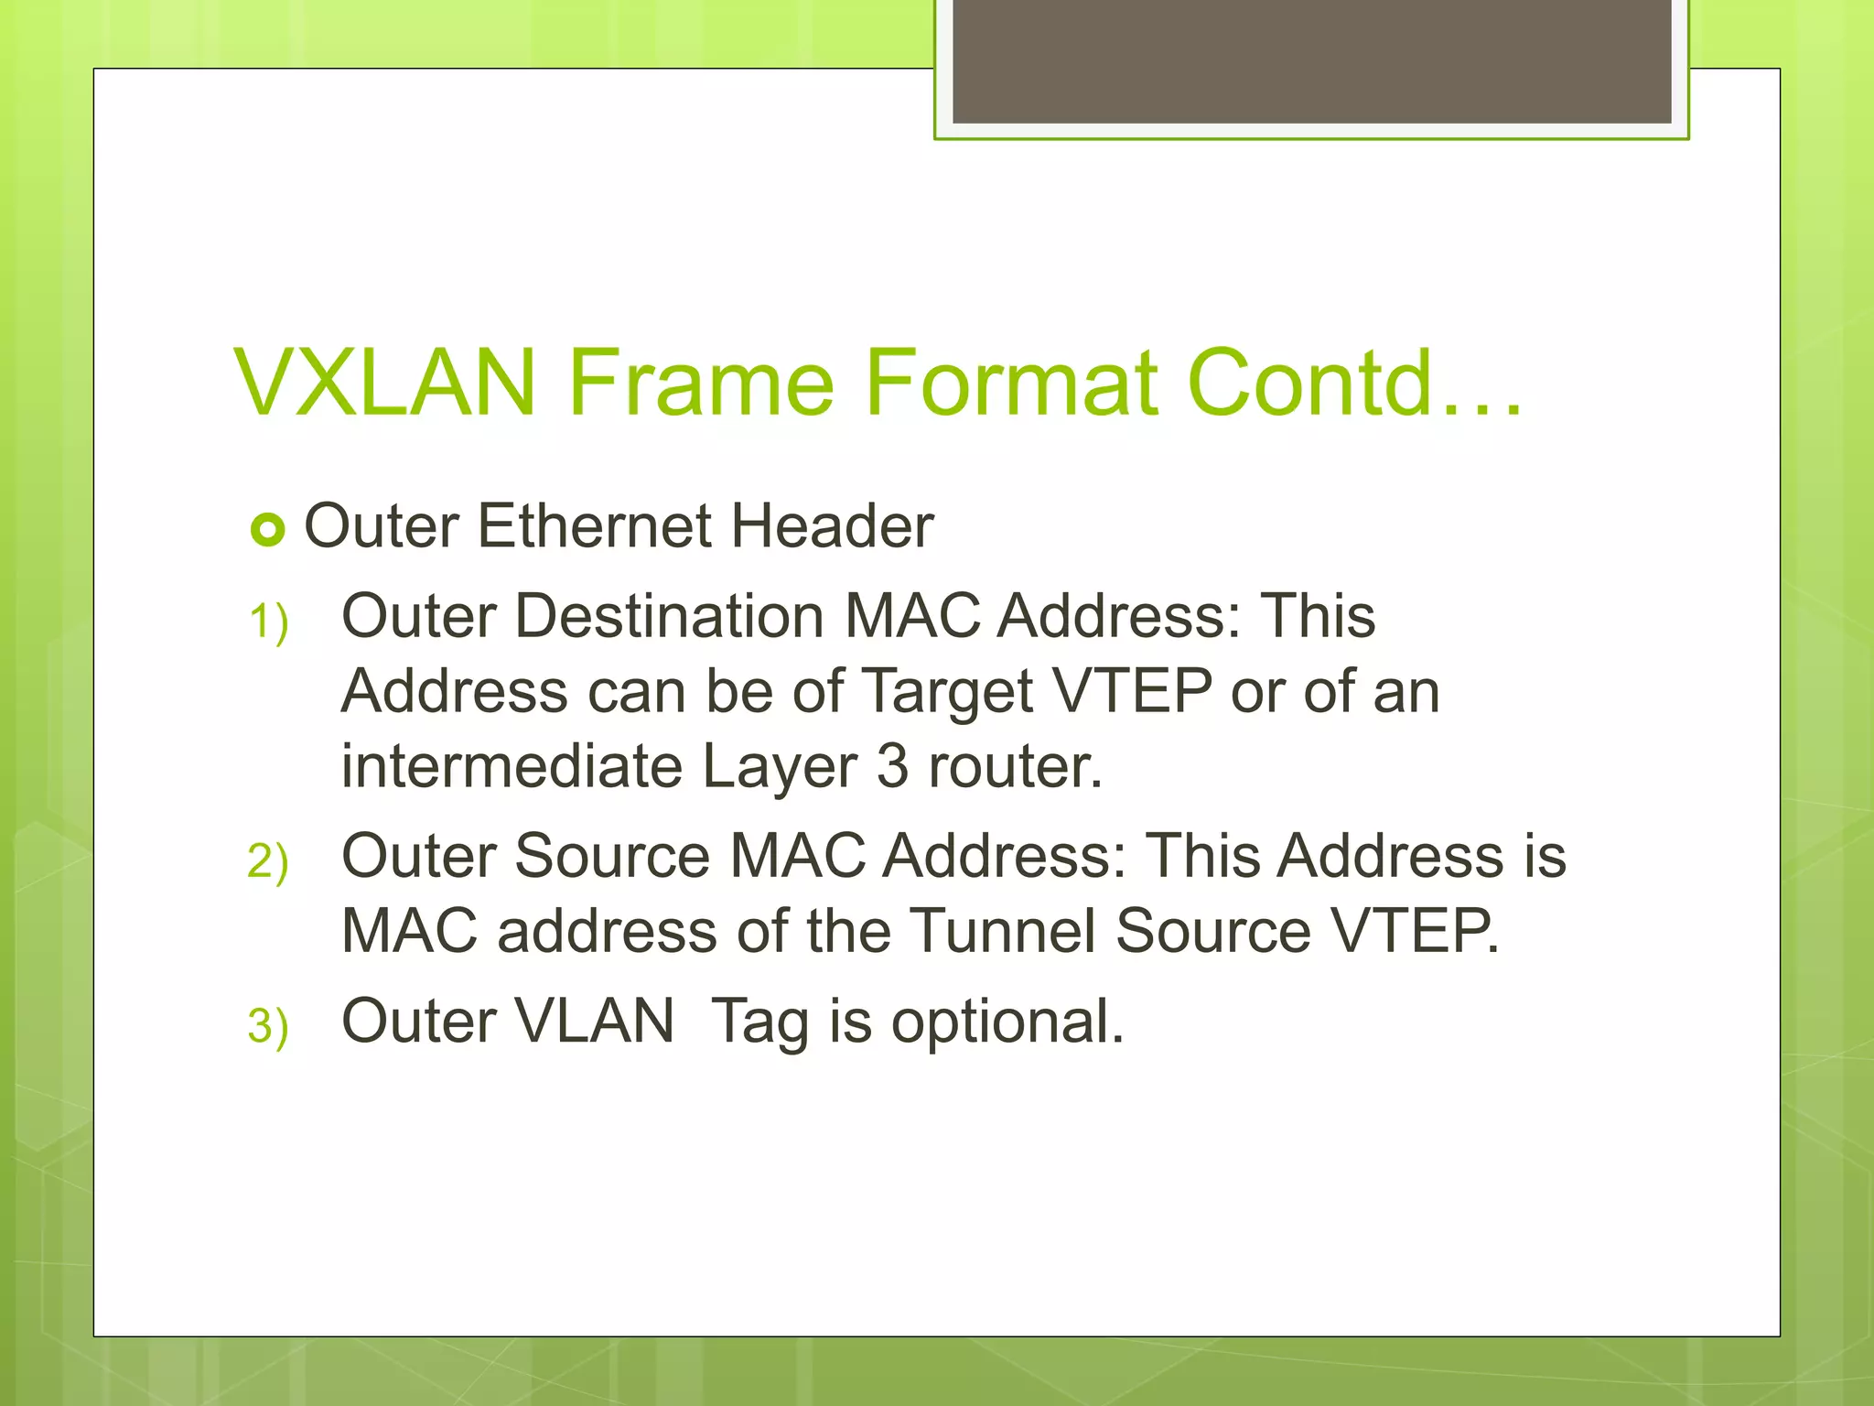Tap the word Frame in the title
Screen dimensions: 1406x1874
click(x=701, y=383)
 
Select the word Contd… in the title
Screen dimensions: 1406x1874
click(x=1354, y=383)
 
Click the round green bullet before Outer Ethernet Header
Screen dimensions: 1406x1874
click(x=267, y=529)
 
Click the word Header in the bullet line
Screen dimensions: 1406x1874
click(x=832, y=526)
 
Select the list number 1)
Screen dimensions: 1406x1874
click(x=268, y=622)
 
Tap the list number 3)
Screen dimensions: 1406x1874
click(x=268, y=1026)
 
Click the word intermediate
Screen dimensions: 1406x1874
click(x=512, y=766)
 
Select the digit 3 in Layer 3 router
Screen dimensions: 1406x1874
click(x=892, y=766)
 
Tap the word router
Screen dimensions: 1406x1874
click(x=1015, y=766)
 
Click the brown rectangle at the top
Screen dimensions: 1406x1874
click(x=1311, y=60)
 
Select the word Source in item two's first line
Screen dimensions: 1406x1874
click(x=612, y=857)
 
